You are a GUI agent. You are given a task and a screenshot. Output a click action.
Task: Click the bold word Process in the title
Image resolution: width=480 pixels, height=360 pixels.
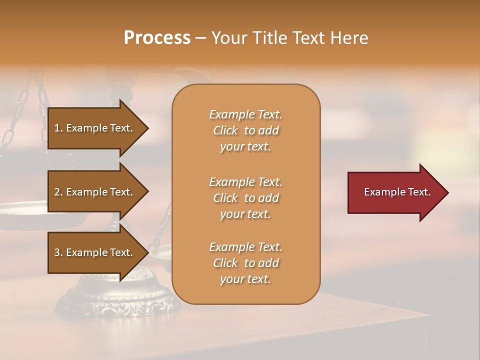pos(157,38)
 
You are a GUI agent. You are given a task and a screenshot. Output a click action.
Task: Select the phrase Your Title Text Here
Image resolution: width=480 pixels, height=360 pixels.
pos(289,38)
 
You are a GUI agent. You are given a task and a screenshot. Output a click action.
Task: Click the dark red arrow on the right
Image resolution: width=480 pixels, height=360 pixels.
pos(395,192)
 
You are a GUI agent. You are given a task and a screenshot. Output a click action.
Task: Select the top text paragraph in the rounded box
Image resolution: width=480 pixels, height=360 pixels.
pos(245,130)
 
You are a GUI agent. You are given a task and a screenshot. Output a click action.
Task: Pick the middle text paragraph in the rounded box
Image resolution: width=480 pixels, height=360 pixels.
pos(245,198)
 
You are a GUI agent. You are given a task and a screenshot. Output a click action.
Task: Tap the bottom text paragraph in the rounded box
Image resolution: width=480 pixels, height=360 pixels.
pos(245,263)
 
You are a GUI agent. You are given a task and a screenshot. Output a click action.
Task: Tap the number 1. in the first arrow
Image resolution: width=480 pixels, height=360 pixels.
pos(58,128)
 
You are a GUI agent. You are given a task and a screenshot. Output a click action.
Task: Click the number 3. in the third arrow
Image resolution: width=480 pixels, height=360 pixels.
pos(58,252)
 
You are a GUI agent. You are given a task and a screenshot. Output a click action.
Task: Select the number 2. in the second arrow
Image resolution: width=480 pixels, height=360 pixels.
pos(58,192)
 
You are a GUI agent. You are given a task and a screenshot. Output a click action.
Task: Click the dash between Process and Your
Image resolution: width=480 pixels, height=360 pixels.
pos(200,38)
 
